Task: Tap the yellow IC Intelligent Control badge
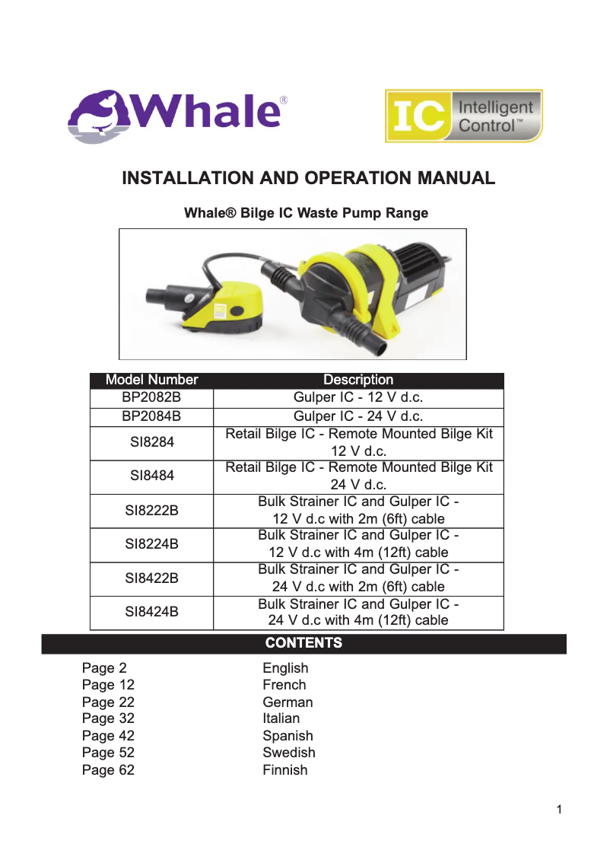tap(463, 116)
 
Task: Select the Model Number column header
tap(151, 380)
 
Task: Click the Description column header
tap(358, 380)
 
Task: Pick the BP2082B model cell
tap(151, 398)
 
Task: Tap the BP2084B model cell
tap(151, 416)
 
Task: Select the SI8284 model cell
tap(151, 443)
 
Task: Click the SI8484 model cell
tap(151, 476)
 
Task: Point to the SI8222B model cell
tap(151, 511)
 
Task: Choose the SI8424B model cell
tap(151, 612)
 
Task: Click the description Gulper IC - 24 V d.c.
tap(358, 416)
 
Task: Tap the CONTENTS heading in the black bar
tap(303, 643)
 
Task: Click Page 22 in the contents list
tap(108, 702)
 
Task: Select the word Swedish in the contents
tap(288, 753)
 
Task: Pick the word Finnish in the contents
tap(284, 770)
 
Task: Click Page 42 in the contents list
tap(108, 736)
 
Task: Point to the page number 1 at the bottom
tap(559, 810)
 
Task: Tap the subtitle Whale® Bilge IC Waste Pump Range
tap(306, 213)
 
